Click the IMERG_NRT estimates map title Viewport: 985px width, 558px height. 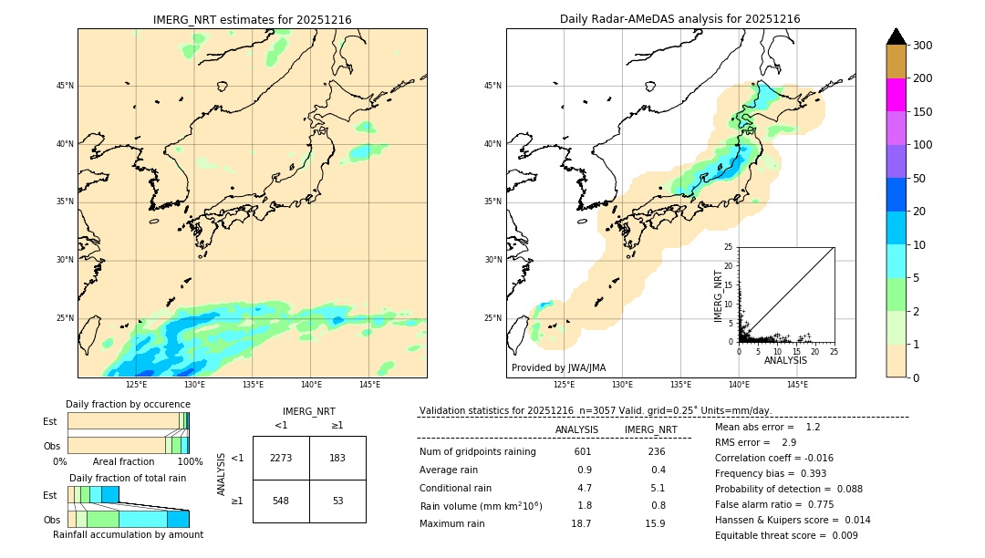252,19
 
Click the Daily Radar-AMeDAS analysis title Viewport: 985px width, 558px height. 679,19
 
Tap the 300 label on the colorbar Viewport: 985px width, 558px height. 922,46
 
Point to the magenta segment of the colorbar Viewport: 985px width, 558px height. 896,95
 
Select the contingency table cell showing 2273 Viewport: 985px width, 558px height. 281,458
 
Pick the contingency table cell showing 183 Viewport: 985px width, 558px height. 337,458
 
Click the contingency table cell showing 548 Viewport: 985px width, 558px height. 281,501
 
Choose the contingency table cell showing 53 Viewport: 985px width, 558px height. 337,501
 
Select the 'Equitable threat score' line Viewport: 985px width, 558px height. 786,535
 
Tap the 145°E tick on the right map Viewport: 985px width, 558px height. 797,385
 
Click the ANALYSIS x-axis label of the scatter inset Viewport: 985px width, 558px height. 785,360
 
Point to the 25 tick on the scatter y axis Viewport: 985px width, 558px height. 729,247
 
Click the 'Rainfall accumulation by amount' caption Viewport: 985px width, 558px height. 128,534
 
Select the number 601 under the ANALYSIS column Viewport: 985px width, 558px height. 583,452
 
